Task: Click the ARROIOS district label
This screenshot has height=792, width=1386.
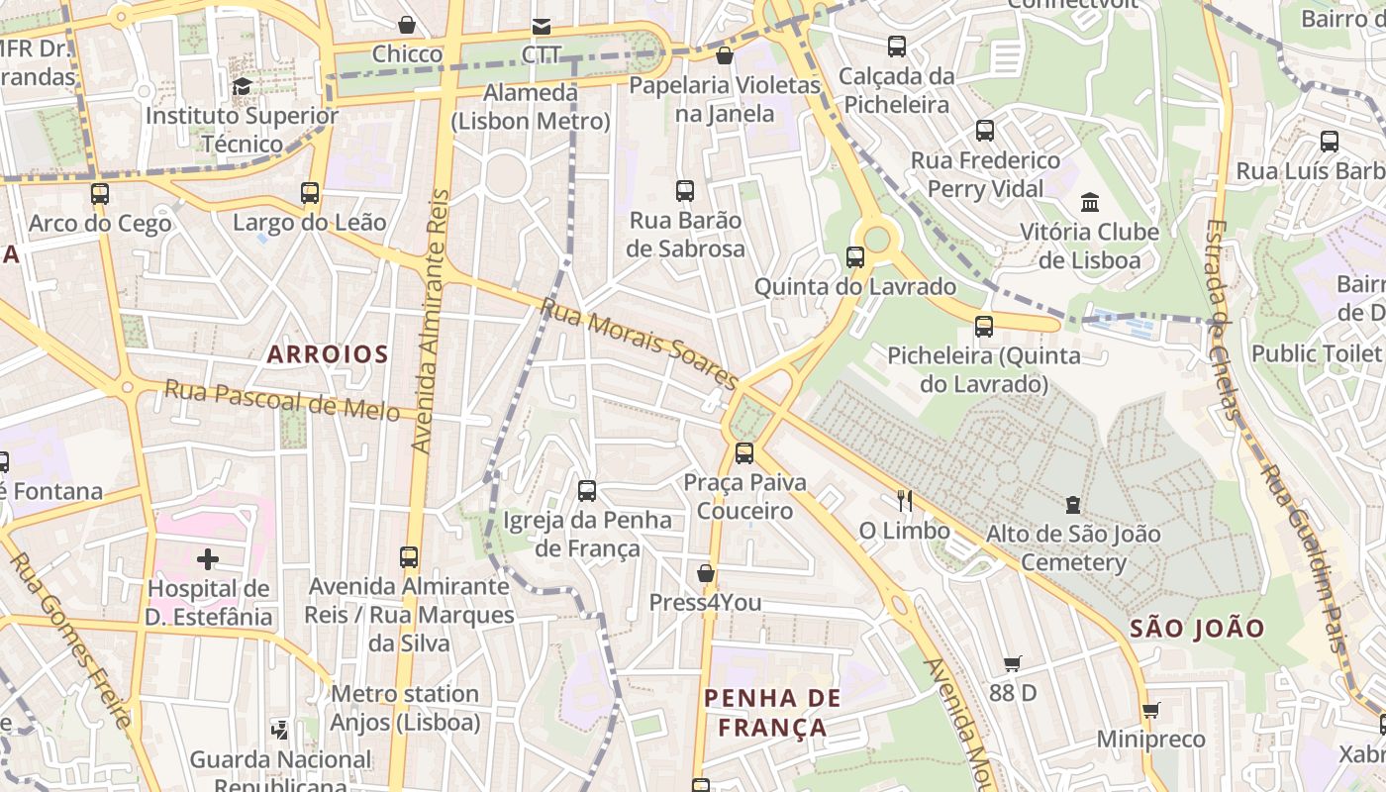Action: coord(327,353)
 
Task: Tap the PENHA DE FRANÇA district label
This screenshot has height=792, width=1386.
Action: coord(772,713)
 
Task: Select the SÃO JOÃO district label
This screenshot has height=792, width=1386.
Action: coord(1197,628)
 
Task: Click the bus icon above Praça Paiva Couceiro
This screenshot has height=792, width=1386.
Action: coord(744,453)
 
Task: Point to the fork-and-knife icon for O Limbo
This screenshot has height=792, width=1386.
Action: coord(904,500)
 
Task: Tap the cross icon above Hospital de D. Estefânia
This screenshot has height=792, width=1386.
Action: coord(208,560)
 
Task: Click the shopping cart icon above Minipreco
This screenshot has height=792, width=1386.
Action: coord(1150,710)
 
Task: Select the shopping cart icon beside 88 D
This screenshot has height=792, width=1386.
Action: coord(1012,663)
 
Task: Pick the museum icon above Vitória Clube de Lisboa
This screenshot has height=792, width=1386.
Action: coord(1090,203)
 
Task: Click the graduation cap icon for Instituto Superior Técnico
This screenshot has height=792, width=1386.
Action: coord(242,87)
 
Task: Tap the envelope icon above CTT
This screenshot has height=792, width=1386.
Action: coord(542,26)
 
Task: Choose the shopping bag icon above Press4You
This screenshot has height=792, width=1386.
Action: coord(706,573)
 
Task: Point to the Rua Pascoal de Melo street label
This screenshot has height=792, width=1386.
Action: coord(282,398)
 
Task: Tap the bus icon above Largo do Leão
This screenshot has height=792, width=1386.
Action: coord(310,193)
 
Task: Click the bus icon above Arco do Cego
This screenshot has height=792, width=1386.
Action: coord(100,193)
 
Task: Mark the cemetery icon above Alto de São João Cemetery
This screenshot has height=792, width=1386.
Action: coord(1073,505)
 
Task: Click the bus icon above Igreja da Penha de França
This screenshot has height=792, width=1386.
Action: coord(587,490)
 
